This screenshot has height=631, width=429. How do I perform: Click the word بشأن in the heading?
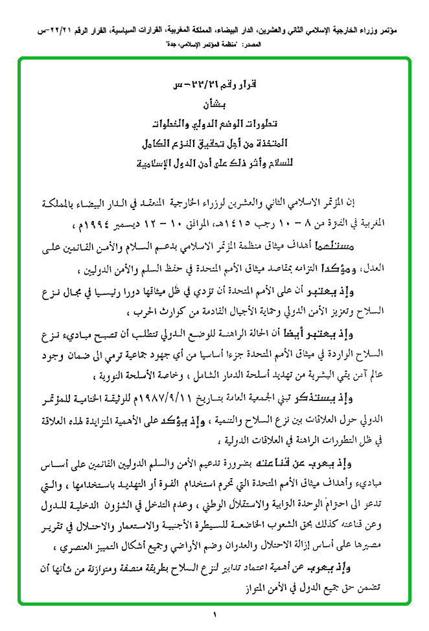click(x=214, y=104)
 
